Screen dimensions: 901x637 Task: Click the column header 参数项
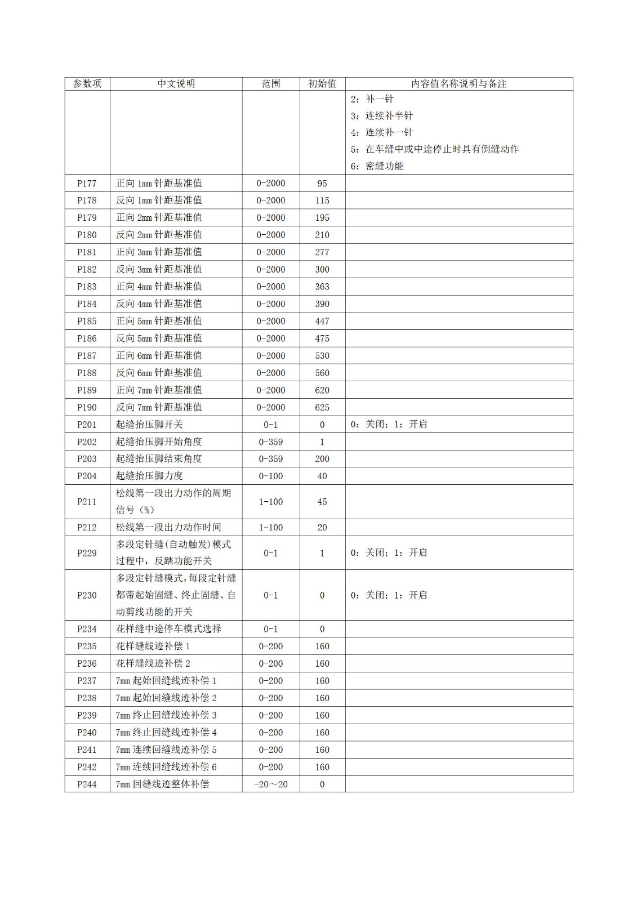pos(87,84)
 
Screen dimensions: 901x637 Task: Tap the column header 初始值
pos(322,84)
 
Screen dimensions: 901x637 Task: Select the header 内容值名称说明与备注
pos(459,84)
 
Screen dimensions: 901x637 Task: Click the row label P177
pos(87,184)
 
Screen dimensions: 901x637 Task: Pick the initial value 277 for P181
pos(322,252)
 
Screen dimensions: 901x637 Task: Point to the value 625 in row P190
pos(322,408)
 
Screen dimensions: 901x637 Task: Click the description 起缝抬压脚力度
pos(150,476)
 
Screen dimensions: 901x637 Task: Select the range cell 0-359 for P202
pos(271,442)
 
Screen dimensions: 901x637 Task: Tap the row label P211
pos(87,502)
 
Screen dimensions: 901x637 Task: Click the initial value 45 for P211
pos(322,502)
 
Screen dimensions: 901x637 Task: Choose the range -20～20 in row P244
pos(271,784)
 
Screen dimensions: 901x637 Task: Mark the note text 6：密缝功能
pos(377,166)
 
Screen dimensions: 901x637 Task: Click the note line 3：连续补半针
pos(381,116)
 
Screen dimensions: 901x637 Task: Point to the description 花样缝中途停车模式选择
pos(168,629)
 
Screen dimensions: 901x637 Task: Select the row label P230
pos(87,595)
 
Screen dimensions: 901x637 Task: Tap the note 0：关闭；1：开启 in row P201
pos(389,425)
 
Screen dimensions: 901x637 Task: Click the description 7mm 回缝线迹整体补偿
pos(163,784)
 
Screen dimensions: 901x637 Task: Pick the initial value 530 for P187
pos(322,356)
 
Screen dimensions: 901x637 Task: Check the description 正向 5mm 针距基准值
pos(159,321)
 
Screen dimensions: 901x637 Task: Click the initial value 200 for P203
pos(322,459)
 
